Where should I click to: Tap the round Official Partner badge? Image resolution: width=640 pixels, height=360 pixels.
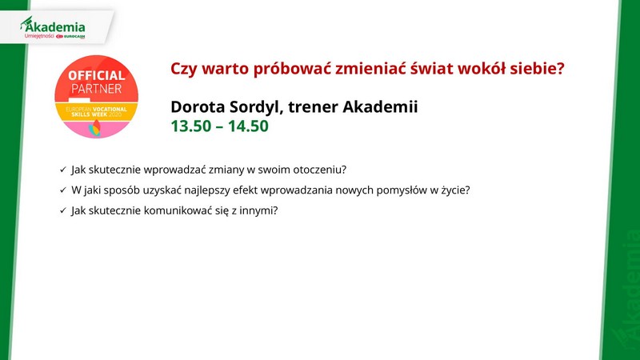[96, 97]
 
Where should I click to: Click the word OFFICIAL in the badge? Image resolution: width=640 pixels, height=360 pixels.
[96, 75]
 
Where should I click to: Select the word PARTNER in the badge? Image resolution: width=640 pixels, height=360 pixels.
[96, 89]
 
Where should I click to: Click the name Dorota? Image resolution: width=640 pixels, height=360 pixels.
[198, 107]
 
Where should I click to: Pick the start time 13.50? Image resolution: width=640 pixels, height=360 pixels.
[190, 126]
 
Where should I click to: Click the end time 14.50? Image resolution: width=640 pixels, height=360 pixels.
[248, 126]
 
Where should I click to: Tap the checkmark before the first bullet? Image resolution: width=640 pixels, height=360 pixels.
[63, 170]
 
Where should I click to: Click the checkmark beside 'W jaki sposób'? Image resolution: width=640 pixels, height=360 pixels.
[63, 190]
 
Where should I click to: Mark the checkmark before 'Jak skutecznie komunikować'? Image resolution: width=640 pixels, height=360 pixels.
[63, 210]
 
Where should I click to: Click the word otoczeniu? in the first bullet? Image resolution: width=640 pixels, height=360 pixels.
[319, 170]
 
